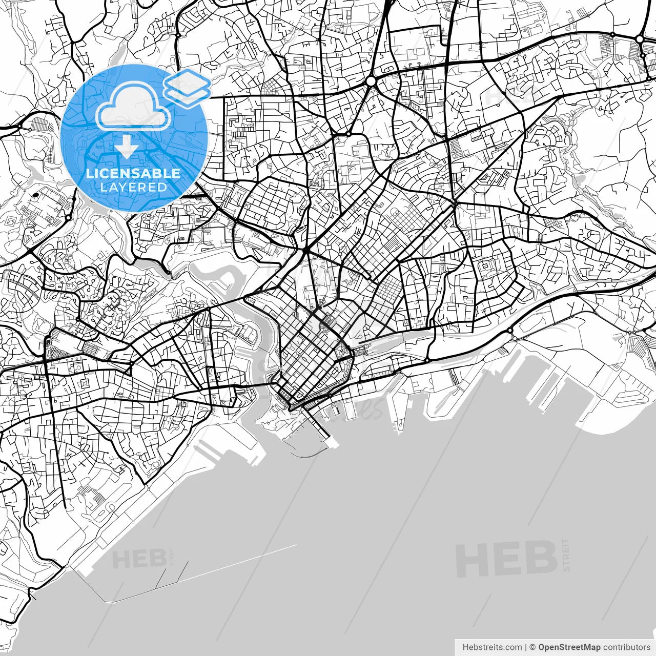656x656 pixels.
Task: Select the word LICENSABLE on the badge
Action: tap(133, 173)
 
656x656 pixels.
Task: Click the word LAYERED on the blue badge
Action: tap(133, 188)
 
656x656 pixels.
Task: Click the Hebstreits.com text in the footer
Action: tap(492, 647)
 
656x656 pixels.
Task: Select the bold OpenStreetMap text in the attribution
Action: tap(569, 647)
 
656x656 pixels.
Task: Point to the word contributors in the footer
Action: tap(626, 647)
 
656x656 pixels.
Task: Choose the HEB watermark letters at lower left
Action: tap(139, 559)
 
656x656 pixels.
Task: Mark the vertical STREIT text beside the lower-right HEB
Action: tap(566, 555)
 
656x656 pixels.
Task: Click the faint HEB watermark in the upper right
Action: tap(505, 95)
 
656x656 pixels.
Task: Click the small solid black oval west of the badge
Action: tap(36, 195)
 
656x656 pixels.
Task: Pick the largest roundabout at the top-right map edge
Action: tap(640, 39)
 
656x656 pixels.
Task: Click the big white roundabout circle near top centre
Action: tap(371, 81)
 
